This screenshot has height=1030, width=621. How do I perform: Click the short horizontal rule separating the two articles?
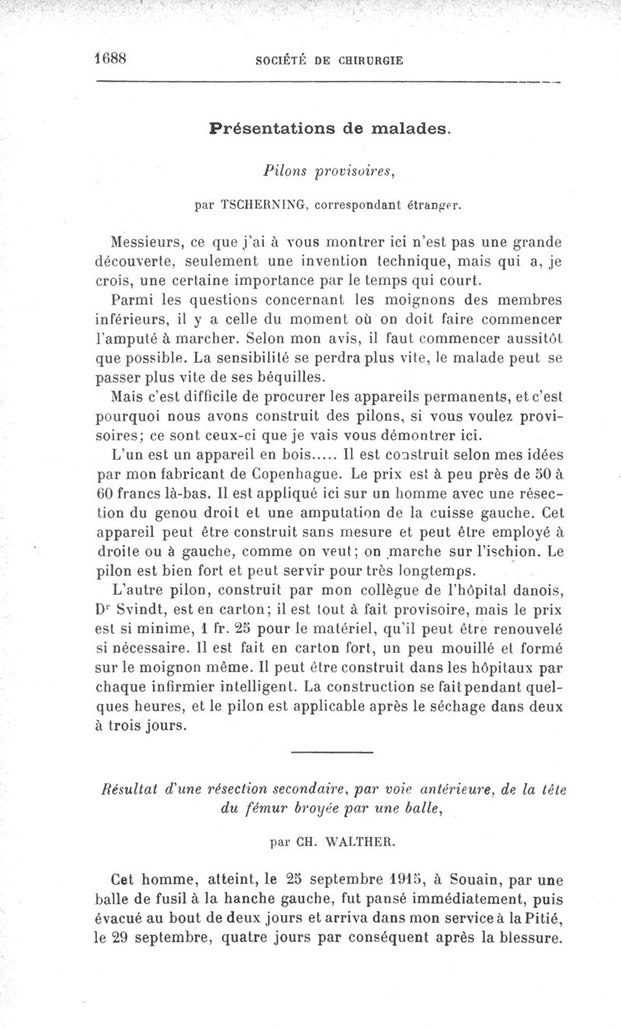331,753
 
